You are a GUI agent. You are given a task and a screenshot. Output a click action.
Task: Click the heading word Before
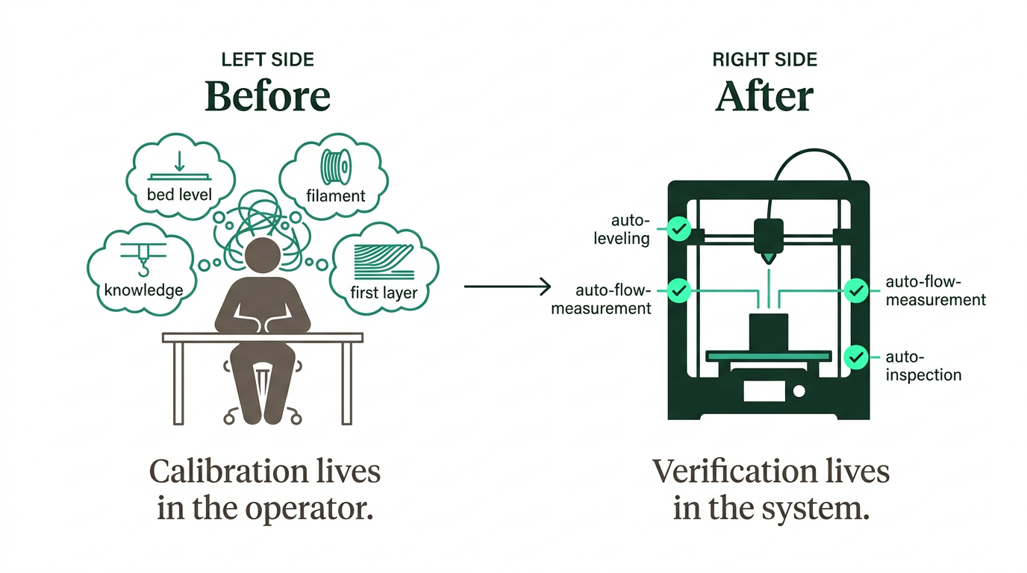tap(267, 96)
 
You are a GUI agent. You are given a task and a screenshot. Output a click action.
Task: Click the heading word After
tap(764, 96)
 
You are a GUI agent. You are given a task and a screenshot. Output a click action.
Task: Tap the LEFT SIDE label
tap(267, 60)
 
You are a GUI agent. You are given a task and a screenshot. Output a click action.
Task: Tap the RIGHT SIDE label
tap(765, 60)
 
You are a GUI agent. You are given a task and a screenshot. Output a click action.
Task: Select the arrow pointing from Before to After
tap(507, 286)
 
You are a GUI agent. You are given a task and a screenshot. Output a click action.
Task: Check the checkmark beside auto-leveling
tap(678, 229)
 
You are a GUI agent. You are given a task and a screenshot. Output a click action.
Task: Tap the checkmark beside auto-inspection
tap(856, 357)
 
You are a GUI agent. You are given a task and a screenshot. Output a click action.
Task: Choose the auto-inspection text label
tap(923, 366)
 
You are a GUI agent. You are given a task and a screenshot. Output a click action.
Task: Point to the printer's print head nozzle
tap(768, 257)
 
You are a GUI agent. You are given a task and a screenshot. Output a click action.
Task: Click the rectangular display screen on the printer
tap(763, 390)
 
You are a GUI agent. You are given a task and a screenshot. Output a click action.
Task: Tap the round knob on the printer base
tap(799, 390)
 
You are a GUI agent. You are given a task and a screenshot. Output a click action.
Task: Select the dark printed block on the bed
tap(768, 331)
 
